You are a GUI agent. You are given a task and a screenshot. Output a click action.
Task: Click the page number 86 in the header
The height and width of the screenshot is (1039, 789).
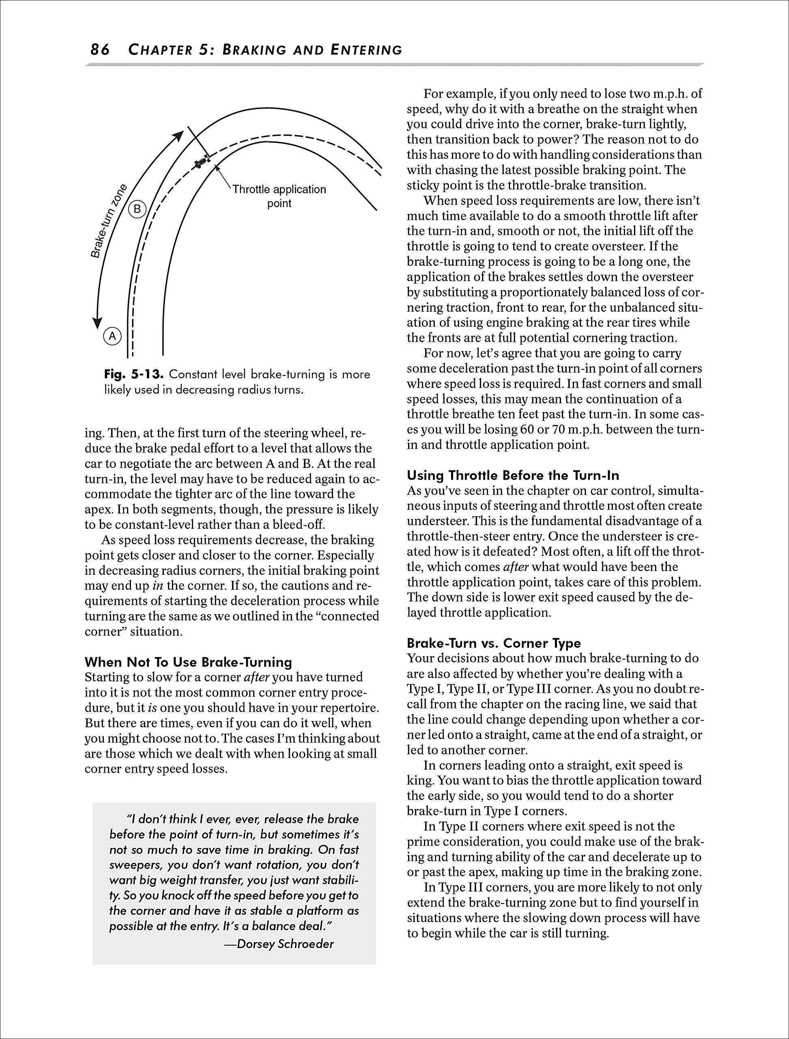click(100, 50)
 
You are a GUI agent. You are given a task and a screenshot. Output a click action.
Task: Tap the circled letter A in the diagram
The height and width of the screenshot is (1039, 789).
click(112, 336)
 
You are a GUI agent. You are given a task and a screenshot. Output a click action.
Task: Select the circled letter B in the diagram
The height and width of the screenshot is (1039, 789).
click(137, 208)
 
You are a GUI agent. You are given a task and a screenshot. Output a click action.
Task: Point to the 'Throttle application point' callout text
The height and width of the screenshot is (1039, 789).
click(279, 196)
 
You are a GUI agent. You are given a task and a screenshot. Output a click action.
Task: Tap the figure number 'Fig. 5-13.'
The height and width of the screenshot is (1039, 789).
click(133, 375)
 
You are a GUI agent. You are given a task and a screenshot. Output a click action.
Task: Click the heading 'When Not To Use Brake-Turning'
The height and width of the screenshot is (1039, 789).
click(188, 662)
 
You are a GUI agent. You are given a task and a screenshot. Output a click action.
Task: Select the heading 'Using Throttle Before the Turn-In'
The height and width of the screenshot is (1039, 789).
click(513, 475)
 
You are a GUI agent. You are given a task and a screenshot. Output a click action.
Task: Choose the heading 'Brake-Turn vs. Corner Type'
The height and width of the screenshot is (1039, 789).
click(494, 643)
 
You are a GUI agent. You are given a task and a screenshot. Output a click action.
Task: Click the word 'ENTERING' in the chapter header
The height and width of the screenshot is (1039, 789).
click(366, 50)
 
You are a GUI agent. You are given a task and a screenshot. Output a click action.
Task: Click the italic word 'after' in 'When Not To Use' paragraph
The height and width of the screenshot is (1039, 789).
click(256, 678)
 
